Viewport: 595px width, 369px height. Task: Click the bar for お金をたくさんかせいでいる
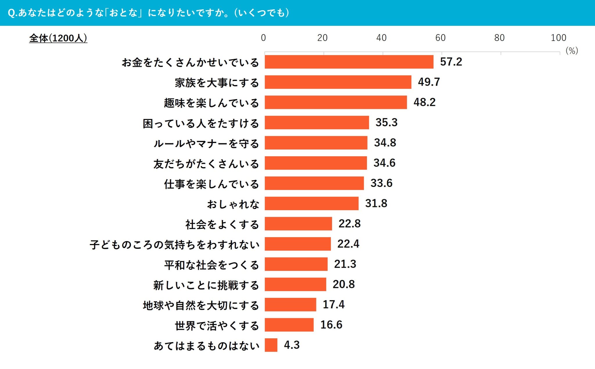(x=349, y=62)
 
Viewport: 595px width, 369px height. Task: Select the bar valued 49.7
(x=338, y=82)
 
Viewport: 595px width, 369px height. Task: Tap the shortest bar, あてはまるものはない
(x=271, y=345)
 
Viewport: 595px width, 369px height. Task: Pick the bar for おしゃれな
(x=311, y=203)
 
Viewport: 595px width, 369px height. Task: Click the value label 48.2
(x=424, y=102)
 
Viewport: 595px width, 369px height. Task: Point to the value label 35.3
(x=386, y=123)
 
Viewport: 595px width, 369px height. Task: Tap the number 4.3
(x=292, y=345)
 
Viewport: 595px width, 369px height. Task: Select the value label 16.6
(x=331, y=325)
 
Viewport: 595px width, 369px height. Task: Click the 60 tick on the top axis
(x=440, y=38)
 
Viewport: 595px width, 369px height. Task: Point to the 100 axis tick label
(x=558, y=38)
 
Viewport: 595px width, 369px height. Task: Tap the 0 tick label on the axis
(x=263, y=38)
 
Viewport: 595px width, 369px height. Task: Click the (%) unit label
(x=571, y=51)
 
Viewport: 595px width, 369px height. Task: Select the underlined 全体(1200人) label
(x=58, y=38)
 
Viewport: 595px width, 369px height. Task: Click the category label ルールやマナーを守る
(x=206, y=143)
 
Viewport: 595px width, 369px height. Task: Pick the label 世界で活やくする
(x=217, y=325)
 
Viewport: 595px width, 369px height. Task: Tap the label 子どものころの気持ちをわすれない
(x=175, y=245)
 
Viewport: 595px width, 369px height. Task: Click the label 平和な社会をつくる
(x=212, y=265)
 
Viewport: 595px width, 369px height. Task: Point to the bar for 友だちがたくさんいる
(x=316, y=163)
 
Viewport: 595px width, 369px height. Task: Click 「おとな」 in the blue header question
(x=124, y=13)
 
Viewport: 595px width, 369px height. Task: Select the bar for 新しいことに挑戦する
(x=295, y=284)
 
